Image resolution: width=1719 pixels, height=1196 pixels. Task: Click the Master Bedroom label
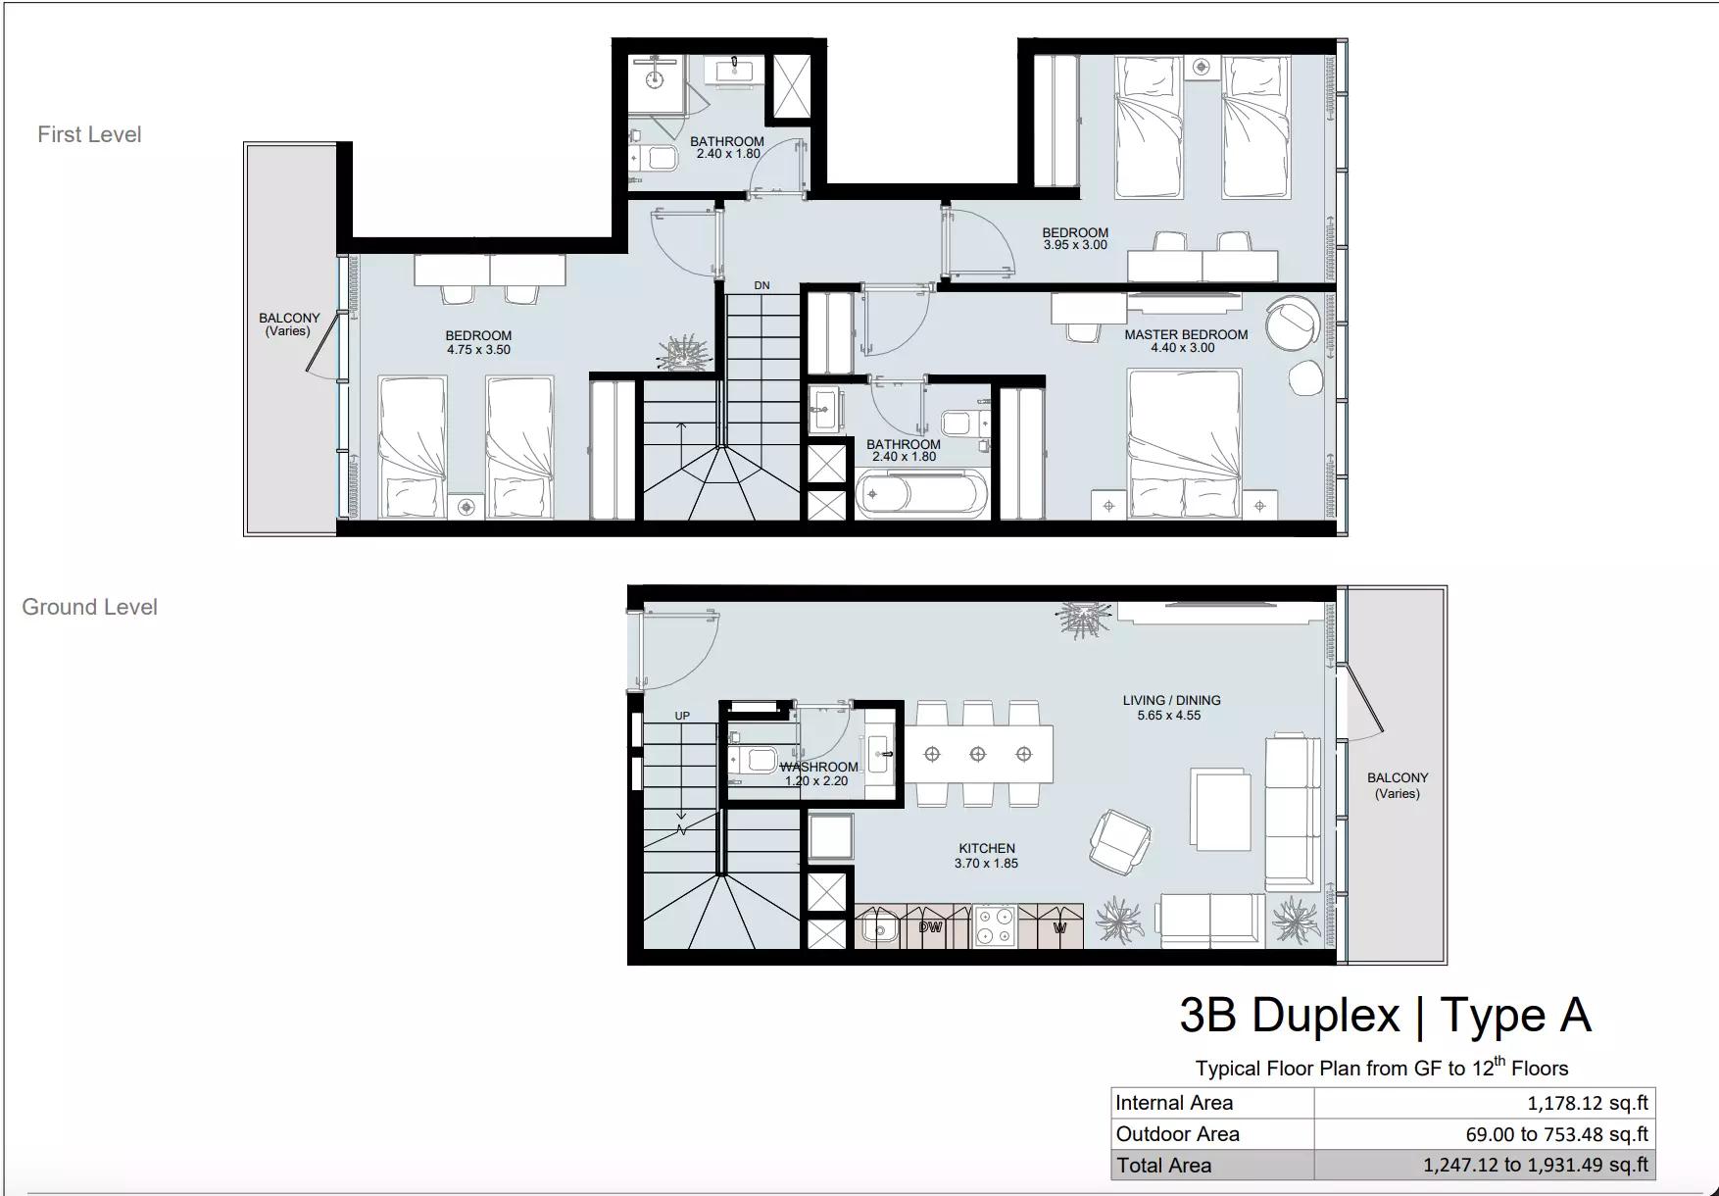pyautogui.click(x=1186, y=334)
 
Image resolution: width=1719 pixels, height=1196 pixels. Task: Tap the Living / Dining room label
pyautogui.click(x=1171, y=700)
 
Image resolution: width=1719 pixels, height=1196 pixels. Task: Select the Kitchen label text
pyautogui.click(x=987, y=848)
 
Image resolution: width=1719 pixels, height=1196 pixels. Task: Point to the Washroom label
pyautogui.click(x=819, y=767)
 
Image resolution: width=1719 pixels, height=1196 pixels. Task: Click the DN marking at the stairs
pyautogui.click(x=761, y=285)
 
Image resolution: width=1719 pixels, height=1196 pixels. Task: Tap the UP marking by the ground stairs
pyautogui.click(x=682, y=716)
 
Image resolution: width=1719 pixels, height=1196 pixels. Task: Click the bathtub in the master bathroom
pyautogui.click(x=922, y=493)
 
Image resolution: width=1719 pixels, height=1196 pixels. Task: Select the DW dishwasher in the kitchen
pyautogui.click(x=930, y=926)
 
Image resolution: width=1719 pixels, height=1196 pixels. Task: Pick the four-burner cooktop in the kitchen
pyautogui.click(x=995, y=926)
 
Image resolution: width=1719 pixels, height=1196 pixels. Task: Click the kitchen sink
pyautogui.click(x=880, y=927)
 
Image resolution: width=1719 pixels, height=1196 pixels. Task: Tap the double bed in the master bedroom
pyautogui.click(x=1184, y=443)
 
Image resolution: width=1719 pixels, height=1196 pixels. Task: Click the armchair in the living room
pyautogui.click(x=1120, y=842)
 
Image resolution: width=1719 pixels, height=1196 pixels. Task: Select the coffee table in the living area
pyautogui.click(x=1221, y=809)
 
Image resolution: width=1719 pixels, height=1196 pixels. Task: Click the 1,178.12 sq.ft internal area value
pyautogui.click(x=1588, y=1103)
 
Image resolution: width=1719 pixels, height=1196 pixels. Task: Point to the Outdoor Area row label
pyautogui.click(x=1177, y=1134)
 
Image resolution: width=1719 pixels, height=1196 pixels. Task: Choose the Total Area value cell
pyautogui.click(x=1485, y=1166)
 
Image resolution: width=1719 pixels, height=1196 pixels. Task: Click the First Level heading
pyautogui.click(x=89, y=134)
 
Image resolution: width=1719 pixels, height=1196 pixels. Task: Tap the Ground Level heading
pyautogui.click(x=89, y=607)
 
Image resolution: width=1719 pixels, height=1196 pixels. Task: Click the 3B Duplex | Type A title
pyautogui.click(x=1385, y=1015)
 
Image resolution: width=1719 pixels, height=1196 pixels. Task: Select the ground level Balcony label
pyautogui.click(x=1398, y=785)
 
